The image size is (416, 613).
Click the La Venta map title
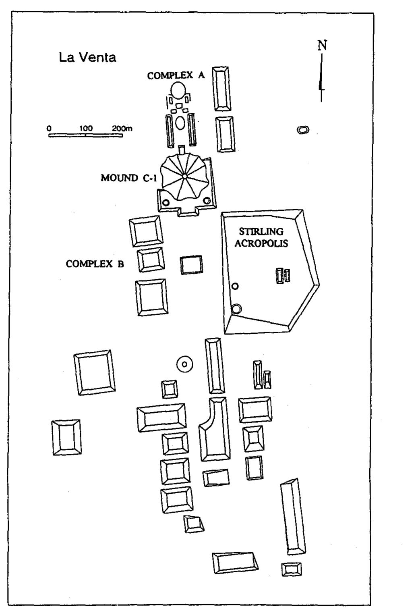(87, 58)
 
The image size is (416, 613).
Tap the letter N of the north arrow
(322, 45)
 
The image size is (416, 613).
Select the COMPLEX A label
(176, 75)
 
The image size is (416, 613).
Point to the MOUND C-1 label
(129, 178)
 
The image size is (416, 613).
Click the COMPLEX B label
(95, 264)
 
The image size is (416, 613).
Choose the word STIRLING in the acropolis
(261, 231)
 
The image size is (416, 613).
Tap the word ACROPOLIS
(261, 243)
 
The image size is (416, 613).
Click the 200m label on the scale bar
(122, 128)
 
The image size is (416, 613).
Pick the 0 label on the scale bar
(49, 128)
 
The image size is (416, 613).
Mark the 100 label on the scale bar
(86, 128)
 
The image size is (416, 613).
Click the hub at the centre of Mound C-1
(184, 176)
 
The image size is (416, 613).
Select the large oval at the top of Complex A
(178, 90)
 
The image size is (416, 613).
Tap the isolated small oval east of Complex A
(303, 130)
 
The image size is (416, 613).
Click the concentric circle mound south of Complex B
(184, 364)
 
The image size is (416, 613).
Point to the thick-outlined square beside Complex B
(191, 265)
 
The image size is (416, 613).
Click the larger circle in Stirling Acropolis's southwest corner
(236, 309)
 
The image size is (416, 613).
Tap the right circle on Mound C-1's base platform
(207, 201)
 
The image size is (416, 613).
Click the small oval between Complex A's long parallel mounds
(180, 123)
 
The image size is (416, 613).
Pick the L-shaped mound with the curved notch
(214, 430)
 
